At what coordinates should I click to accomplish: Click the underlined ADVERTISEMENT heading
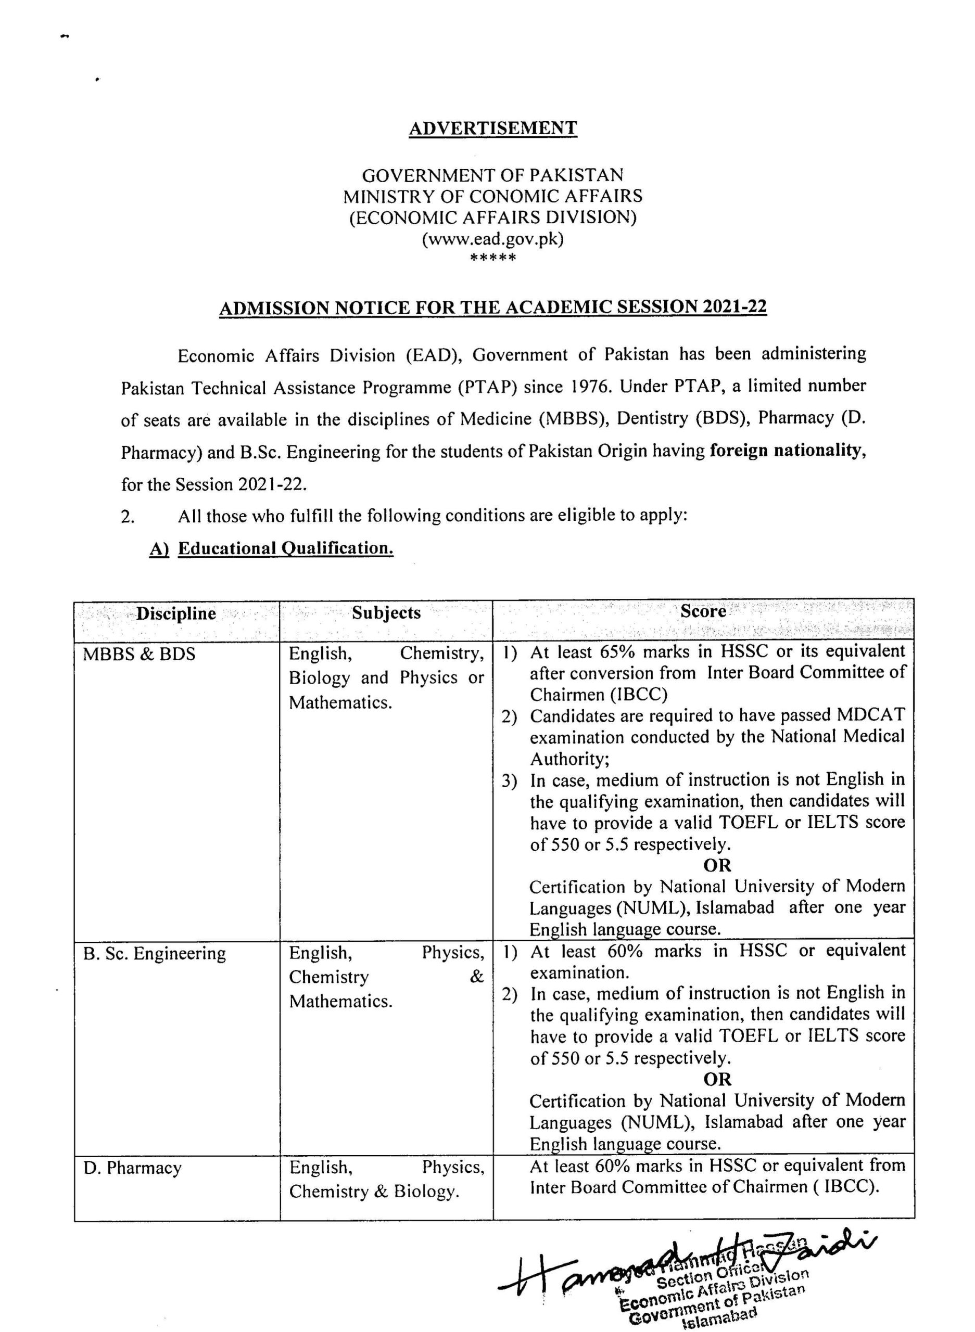[x=493, y=128]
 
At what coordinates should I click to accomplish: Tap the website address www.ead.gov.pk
[x=493, y=239]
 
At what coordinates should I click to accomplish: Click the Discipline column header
[x=176, y=613]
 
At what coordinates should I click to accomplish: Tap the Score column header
[x=703, y=611]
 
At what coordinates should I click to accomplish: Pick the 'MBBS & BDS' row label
[x=138, y=654]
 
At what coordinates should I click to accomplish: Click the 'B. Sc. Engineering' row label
[x=154, y=954]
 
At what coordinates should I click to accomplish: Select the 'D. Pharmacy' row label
[x=132, y=1168]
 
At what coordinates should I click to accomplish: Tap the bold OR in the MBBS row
[x=717, y=865]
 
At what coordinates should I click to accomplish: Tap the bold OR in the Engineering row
[x=717, y=1079]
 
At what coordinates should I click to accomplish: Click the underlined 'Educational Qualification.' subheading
[x=286, y=548]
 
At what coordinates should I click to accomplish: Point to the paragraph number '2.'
[x=128, y=517]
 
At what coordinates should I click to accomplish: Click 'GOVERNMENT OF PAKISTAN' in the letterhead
[x=493, y=175]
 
